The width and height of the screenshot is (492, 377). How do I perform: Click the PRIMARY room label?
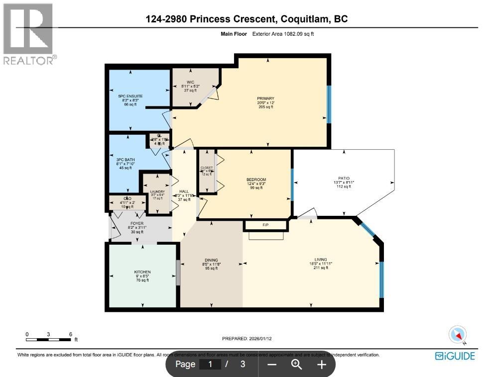coord(265,98)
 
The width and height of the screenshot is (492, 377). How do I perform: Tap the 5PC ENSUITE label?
coord(130,96)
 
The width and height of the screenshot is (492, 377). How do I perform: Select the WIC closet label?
coord(190,82)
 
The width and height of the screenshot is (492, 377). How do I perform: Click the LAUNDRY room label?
coord(157,191)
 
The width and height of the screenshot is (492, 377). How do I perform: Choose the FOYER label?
coord(136,224)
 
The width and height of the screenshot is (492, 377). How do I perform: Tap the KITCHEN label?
coord(142,272)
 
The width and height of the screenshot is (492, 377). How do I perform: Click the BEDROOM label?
coord(256,180)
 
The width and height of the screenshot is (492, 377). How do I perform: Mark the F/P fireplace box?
coord(265,225)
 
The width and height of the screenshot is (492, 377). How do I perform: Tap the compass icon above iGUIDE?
coord(458,335)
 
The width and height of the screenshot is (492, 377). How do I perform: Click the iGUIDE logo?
coord(455,356)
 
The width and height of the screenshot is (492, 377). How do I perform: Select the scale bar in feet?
coord(49,339)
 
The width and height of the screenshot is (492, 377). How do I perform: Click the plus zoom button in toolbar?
coord(322,365)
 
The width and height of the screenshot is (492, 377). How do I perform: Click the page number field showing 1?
coord(210,365)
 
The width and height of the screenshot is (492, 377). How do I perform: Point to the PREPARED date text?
coord(246,339)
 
